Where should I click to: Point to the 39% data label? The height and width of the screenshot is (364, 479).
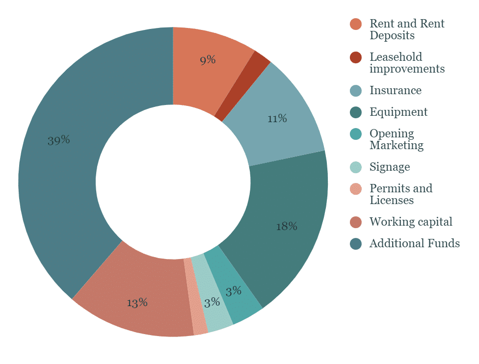tap(59, 140)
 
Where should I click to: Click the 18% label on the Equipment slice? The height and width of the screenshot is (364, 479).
tap(287, 226)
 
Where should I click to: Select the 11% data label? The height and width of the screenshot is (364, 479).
tap(277, 118)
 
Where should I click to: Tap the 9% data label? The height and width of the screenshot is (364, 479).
tap(208, 60)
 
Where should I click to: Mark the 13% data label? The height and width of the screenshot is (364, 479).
tap(137, 303)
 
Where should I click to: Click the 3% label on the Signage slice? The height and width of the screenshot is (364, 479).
tap(212, 302)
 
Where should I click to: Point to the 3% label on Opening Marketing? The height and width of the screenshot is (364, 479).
tap(234, 291)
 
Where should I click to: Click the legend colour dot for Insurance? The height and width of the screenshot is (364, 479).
tap(356, 90)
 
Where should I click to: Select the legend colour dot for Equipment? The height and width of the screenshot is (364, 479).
tap(356, 112)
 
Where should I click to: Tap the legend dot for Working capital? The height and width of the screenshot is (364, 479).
tap(356, 222)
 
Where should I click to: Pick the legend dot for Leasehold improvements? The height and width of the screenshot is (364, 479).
tap(356, 57)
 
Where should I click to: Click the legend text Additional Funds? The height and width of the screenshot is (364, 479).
tap(415, 243)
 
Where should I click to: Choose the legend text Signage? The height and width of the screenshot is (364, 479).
tap(390, 167)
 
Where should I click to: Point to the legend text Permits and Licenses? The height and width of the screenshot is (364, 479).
tap(400, 194)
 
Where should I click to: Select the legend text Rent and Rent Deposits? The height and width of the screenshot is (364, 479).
tap(407, 29)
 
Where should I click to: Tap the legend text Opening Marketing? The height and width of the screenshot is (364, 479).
tap(396, 139)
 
